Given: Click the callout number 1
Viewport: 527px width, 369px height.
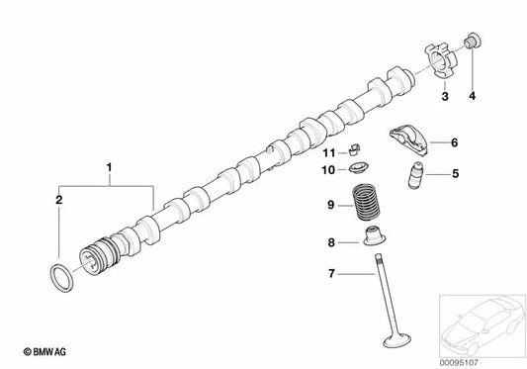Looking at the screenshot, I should (x=110, y=170).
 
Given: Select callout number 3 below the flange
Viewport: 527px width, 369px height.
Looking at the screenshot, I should (x=444, y=97).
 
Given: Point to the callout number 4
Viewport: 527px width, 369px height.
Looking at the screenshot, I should (x=472, y=97).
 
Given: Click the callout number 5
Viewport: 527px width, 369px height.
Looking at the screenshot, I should (x=456, y=175).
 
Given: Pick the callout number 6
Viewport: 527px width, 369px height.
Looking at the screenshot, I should (x=455, y=143).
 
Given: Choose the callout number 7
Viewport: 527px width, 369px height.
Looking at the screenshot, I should (x=332, y=274).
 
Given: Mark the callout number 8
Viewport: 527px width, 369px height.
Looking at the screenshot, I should (x=332, y=241).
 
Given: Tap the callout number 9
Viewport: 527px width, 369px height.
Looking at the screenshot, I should (x=333, y=206).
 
